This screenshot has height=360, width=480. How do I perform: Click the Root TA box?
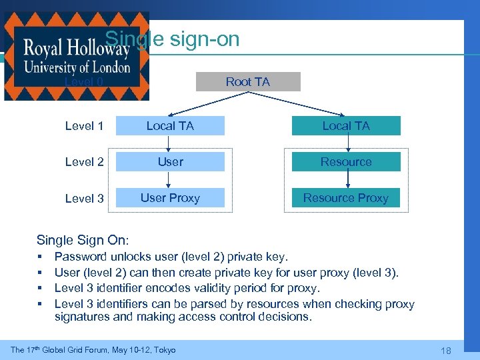(248, 81)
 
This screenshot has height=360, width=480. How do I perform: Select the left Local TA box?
(170, 125)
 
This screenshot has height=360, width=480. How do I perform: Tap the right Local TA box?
(346, 125)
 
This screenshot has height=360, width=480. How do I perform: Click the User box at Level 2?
(170, 161)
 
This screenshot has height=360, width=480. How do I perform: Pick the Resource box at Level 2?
(346, 161)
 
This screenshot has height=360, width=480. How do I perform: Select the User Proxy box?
(170, 197)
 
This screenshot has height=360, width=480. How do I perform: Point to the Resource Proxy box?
(346, 197)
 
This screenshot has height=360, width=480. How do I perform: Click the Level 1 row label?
(85, 125)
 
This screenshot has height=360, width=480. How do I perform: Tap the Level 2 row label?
(85, 162)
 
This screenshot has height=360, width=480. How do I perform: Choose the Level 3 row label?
(85, 198)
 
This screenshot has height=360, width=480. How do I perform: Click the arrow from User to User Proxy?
(170, 179)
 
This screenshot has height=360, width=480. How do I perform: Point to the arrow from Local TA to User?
(170, 143)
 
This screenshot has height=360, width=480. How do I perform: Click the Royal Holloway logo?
(77, 57)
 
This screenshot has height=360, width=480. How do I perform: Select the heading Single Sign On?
(83, 240)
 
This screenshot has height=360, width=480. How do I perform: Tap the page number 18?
(447, 350)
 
